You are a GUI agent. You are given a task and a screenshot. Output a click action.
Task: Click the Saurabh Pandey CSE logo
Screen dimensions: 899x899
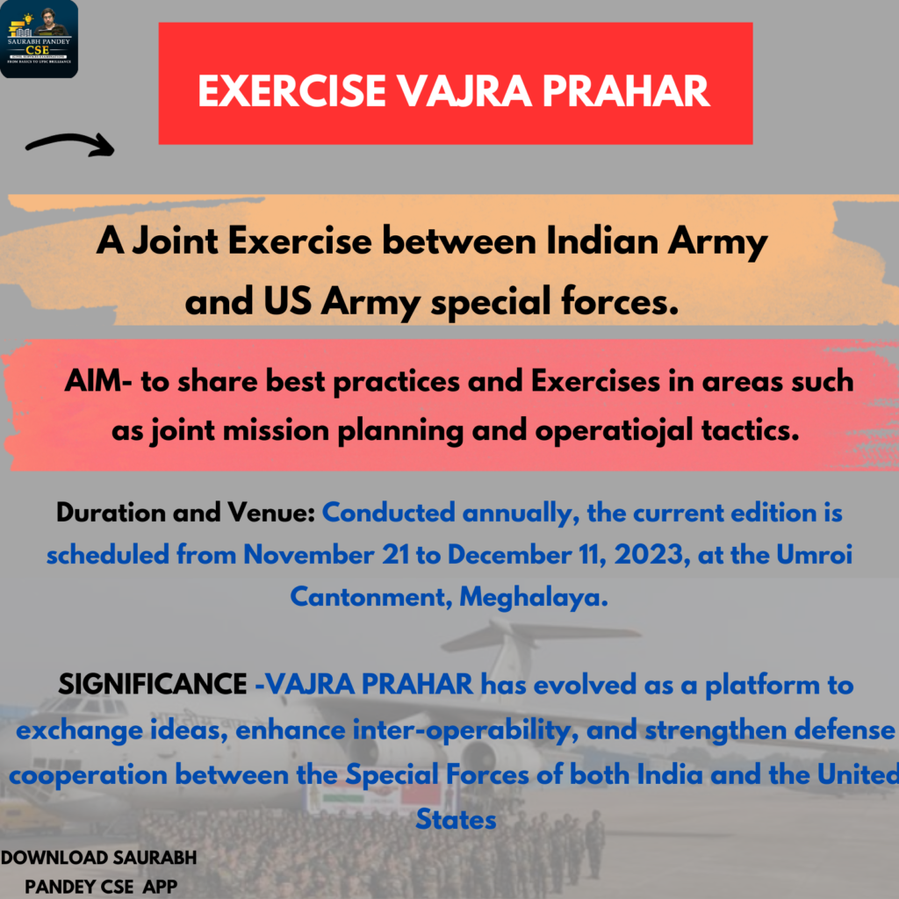coord(39,39)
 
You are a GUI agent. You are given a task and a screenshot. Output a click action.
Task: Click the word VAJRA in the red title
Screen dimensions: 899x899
coord(464,91)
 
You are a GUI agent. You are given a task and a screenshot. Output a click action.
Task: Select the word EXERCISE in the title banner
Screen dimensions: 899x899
coord(291,91)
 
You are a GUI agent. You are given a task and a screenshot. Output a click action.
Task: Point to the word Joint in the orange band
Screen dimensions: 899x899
coord(175,241)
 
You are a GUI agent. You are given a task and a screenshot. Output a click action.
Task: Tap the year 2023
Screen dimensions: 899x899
coord(652,555)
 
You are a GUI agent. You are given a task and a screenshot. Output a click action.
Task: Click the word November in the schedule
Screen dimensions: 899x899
coord(308,555)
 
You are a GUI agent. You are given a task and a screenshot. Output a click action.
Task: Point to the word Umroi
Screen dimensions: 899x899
coord(814,555)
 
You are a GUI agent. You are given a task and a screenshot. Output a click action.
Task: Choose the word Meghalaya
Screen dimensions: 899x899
coord(534,597)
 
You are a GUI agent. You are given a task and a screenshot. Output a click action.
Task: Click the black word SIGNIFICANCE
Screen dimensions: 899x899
coord(153,684)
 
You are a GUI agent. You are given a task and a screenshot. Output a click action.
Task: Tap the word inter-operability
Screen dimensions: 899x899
coord(465,730)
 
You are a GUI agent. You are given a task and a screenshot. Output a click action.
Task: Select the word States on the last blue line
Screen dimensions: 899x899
coord(456,819)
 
